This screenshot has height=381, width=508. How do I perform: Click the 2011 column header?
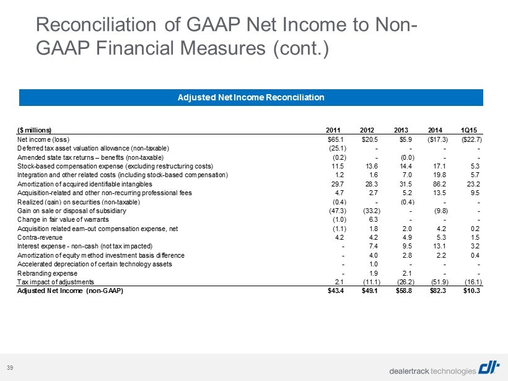pyautogui.click(x=333, y=130)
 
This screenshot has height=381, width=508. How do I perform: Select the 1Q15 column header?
pyautogui.click(x=469, y=130)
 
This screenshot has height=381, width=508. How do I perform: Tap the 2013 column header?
pyautogui.click(x=401, y=130)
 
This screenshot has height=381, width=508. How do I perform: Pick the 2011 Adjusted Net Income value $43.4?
pyautogui.click(x=336, y=291)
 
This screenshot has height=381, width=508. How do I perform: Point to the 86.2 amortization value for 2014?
pyautogui.click(x=439, y=184)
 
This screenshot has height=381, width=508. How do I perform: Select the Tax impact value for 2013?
pyautogui.click(x=406, y=282)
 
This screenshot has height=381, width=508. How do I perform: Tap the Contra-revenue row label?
pyautogui.click(x=40, y=237)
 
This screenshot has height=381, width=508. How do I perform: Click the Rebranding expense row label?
pyautogui.click(x=47, y=273)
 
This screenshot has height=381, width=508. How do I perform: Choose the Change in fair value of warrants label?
pyautogui.click(x=63, y=220)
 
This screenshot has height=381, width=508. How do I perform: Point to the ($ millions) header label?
pyautogui.click(x=34, y=130)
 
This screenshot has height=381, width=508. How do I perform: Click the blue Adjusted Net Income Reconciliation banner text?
pyautogui.click(x=251, y=97)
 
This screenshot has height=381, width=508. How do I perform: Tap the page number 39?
pyautogui.click(x=10, y=368)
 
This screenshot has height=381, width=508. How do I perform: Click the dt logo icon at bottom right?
pyautogui.click(x=489, y=369)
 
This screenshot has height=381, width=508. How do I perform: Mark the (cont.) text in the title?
pyautogui.click(x=301, y=48)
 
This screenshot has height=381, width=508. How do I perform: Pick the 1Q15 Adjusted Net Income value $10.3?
pyautogui.click(x=471, y=291)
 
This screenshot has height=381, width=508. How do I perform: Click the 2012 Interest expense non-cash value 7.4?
pyautogui.click(x=374, y=246)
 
